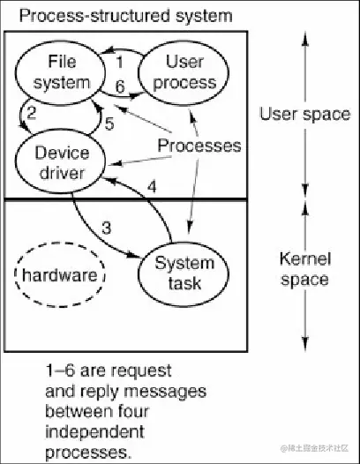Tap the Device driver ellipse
click(x=62, y=163)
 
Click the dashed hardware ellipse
click(x=60, y=275)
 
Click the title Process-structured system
click(x=126, y=15)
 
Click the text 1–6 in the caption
click(x=59, y=370)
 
